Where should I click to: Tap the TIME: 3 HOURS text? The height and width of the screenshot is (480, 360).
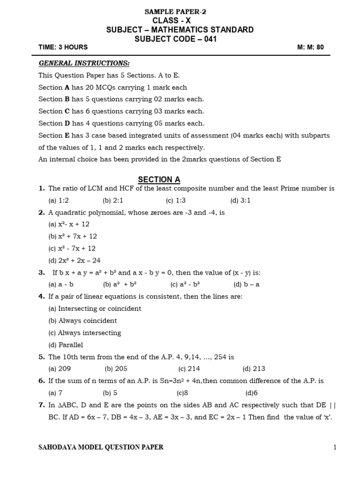[63, 47]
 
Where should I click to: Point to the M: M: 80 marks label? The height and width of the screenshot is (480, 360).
[310, 47]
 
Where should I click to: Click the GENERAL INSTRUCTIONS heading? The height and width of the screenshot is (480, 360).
[84, 63]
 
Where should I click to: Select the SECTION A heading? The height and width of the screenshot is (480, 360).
[159, 180]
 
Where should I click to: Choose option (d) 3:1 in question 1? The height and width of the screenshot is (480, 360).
[240, 201]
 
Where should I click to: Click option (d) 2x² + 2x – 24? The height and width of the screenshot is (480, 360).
[74, 261]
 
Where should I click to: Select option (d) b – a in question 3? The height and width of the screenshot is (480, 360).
[246, 284]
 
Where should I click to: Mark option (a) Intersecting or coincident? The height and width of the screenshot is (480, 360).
[95, 308]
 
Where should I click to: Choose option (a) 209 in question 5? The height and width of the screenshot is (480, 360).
[60, 369]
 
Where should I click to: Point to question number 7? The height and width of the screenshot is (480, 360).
[41, 405]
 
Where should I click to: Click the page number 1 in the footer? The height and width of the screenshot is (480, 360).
[335, 447]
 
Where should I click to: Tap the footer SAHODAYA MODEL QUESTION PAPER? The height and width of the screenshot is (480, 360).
[101, 447]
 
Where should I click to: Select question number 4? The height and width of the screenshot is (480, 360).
[41, 296]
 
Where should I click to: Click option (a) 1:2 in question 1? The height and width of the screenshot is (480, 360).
[59, 201]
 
